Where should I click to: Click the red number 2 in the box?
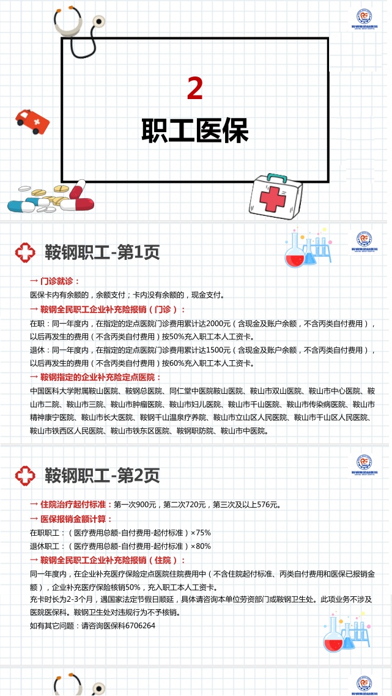pyautogui.click(x=195, y=89)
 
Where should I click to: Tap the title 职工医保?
pyautogui.click(x=195, y=130)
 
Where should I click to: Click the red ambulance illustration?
pyautogui.click(x=32, y=121)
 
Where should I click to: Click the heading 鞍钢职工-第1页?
pyautogui.click(x=102, y=253)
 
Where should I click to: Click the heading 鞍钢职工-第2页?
pyautogui.click(x=102, y=475)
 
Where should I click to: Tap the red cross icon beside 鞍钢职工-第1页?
pyautogui.click(x=25, y=253)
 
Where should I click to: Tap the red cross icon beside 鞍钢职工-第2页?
pyautogui.click(x=25, y=475)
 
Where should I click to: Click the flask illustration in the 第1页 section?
pyautogui.click(x=308, y=248)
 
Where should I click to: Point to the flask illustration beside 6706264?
pyautogui.click(x=346, y=632)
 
